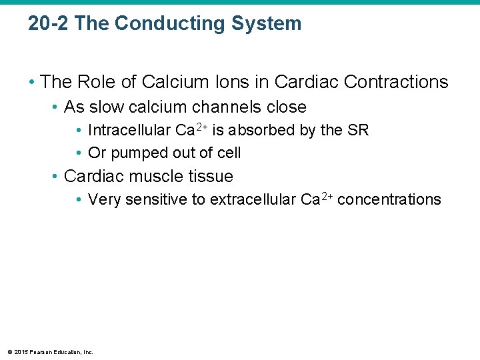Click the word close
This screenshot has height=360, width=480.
(x=284, y=107)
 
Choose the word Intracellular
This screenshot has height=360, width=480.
(x=127, y=131)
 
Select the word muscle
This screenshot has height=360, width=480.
(x=151, y=177)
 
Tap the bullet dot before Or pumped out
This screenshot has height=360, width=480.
(x=79, y=153)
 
